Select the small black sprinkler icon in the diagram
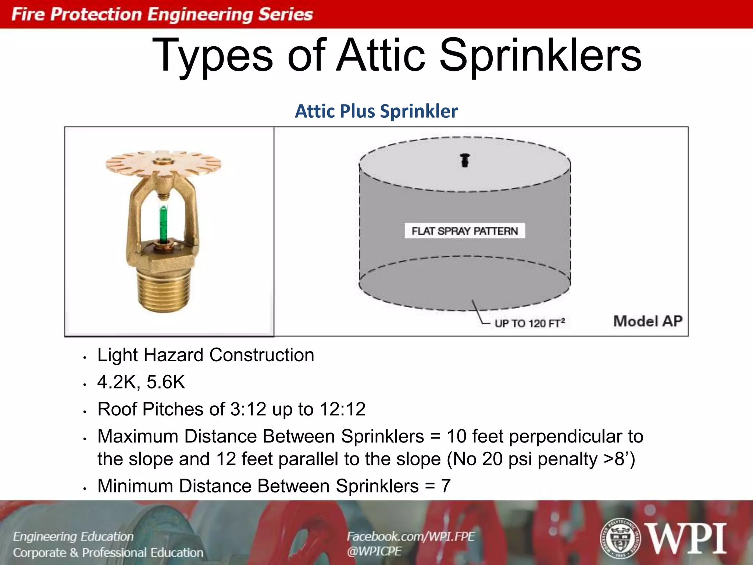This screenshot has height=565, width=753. [465, 160]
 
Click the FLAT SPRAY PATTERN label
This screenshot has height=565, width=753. [465, 231]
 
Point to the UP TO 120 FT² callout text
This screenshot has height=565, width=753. [529, 323]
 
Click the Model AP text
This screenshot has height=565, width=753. [648, 321]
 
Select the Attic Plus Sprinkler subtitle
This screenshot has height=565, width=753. [376, 111]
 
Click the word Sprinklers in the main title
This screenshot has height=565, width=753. [540, 56]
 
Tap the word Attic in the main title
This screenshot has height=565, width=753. [381, 56]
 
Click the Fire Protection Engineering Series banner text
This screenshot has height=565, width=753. [162, 14]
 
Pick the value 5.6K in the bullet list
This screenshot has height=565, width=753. [166, 382]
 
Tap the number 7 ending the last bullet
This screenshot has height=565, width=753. [446, 486]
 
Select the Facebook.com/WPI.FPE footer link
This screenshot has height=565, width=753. [411, 536]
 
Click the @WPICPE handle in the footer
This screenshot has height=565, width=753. [374, 551]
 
